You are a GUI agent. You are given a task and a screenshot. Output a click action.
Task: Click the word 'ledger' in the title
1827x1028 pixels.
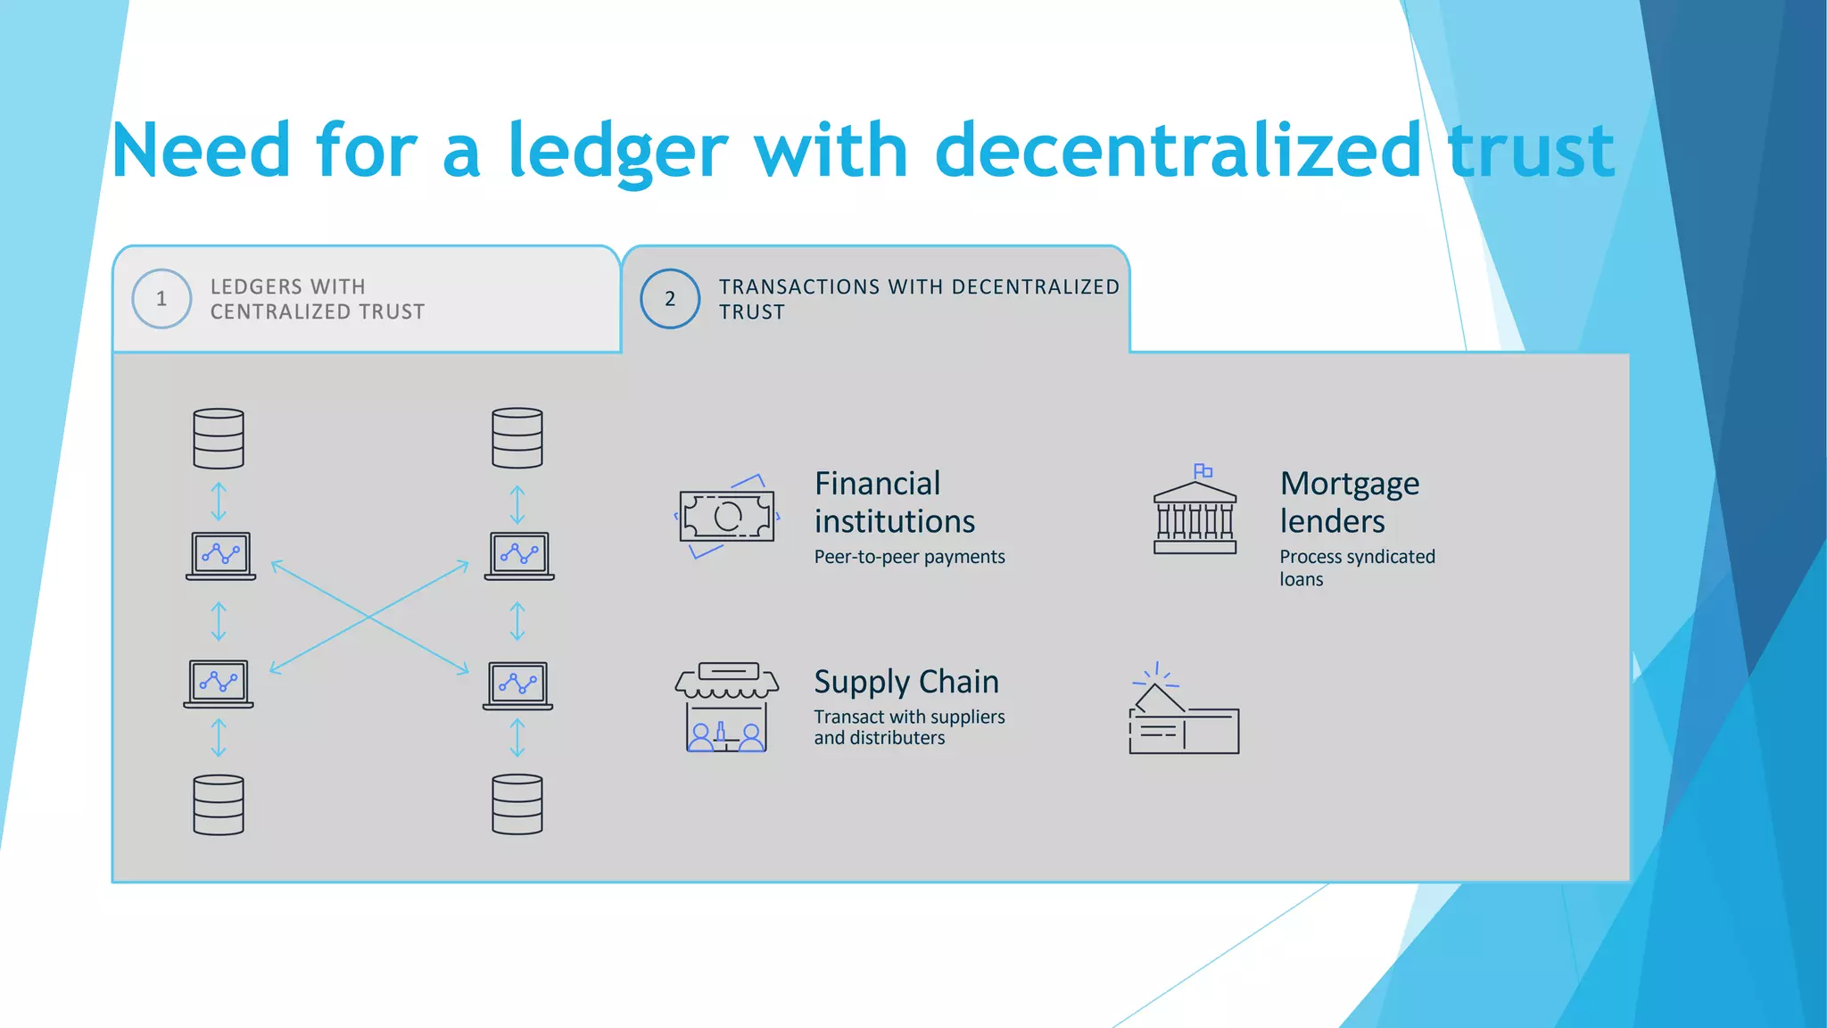click(x=617, y=152)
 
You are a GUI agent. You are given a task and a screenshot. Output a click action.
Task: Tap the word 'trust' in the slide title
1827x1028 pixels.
click(x=1531, y=152)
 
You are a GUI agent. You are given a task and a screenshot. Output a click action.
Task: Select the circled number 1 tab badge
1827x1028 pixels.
click(x=161, y=299)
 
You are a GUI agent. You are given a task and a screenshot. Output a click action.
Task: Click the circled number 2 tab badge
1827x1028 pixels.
click(x=670, y=299)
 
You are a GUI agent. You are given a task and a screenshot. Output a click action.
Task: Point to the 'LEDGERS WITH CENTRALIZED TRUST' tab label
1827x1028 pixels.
click(x=317, y=299)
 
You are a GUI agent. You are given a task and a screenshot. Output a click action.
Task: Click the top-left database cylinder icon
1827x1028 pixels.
click(x=219, y=438)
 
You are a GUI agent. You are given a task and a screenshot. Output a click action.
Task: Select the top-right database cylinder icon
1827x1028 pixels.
click(x=517, y=438)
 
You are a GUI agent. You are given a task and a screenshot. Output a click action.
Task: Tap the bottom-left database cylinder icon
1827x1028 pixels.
click(x=219, y=805)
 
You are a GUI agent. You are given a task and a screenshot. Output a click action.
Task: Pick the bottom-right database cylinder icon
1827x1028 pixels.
click(x=517, y=805)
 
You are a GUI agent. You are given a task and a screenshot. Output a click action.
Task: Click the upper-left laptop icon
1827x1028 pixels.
click(x=220, y=556)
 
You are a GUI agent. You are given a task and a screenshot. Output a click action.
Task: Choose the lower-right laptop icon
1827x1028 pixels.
click(x=518, y=685)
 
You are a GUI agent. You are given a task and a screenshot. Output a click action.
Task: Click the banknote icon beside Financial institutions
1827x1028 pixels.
click(x=727, y=516)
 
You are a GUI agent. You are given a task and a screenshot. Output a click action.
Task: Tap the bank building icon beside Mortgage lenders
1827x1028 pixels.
click(x=1195, y=518)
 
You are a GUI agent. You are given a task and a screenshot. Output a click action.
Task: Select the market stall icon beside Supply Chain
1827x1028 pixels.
click(x=726, y=708)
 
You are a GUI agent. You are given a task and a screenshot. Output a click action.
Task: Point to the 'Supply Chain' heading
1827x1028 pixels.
click(x=906, y=682)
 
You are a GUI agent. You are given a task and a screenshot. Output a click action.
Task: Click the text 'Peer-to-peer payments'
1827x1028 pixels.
click(x=909, y=557)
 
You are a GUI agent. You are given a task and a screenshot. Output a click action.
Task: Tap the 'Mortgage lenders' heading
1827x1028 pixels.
click(x=1349, y=502)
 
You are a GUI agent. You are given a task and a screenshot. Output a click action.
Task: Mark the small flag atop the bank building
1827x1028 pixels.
click(x=1203, y=470)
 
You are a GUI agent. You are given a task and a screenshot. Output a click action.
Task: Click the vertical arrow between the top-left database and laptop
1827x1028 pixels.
click(x=219, y=502)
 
